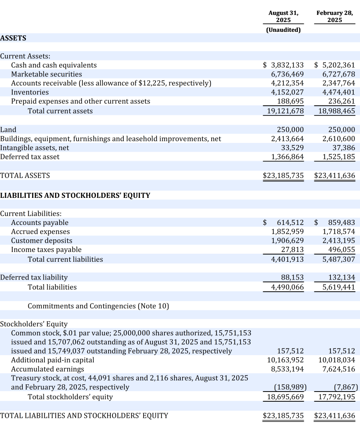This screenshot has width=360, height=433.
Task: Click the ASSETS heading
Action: pyautogui.click(x=13, y=38)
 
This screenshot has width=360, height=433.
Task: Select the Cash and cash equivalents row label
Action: pyautogui.click(x=54, y=65)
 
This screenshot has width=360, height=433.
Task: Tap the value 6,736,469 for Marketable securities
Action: pyautogui.click(x=287, y=74)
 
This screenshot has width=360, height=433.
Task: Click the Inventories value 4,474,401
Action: pyautogui.click(x=338, y=92)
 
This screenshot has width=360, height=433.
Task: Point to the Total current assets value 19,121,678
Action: pyautogui.click(x=285, y=111)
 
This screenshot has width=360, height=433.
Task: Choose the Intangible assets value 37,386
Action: pyautogui.click(x=344, y=148)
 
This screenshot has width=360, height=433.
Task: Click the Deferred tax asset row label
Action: pyautogui.click(x=30, y=157)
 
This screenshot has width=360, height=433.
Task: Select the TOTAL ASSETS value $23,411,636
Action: pyautogui.click(x=335, y=175)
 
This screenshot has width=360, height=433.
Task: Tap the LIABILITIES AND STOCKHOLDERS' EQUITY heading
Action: pyautogui.click(x=75, y=195)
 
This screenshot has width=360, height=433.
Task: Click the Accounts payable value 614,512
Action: pyautogui.click(x=290, y=222)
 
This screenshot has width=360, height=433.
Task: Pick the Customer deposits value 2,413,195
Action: pyautogui.click(x=338, y=241)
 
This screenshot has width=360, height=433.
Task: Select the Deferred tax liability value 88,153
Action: pyautogui.click(x=292, y=277)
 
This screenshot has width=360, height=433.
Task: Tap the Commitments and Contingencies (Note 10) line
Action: pyautogui.click(x=98, y=306)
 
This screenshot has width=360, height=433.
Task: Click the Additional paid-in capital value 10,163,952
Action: pyautogui.click(x=285, y=360)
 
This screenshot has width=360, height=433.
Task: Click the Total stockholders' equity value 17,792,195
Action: pyautogui.click(x=337, y=397)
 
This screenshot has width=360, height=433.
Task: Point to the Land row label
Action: pyautogui.click(x=8, y=129)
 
